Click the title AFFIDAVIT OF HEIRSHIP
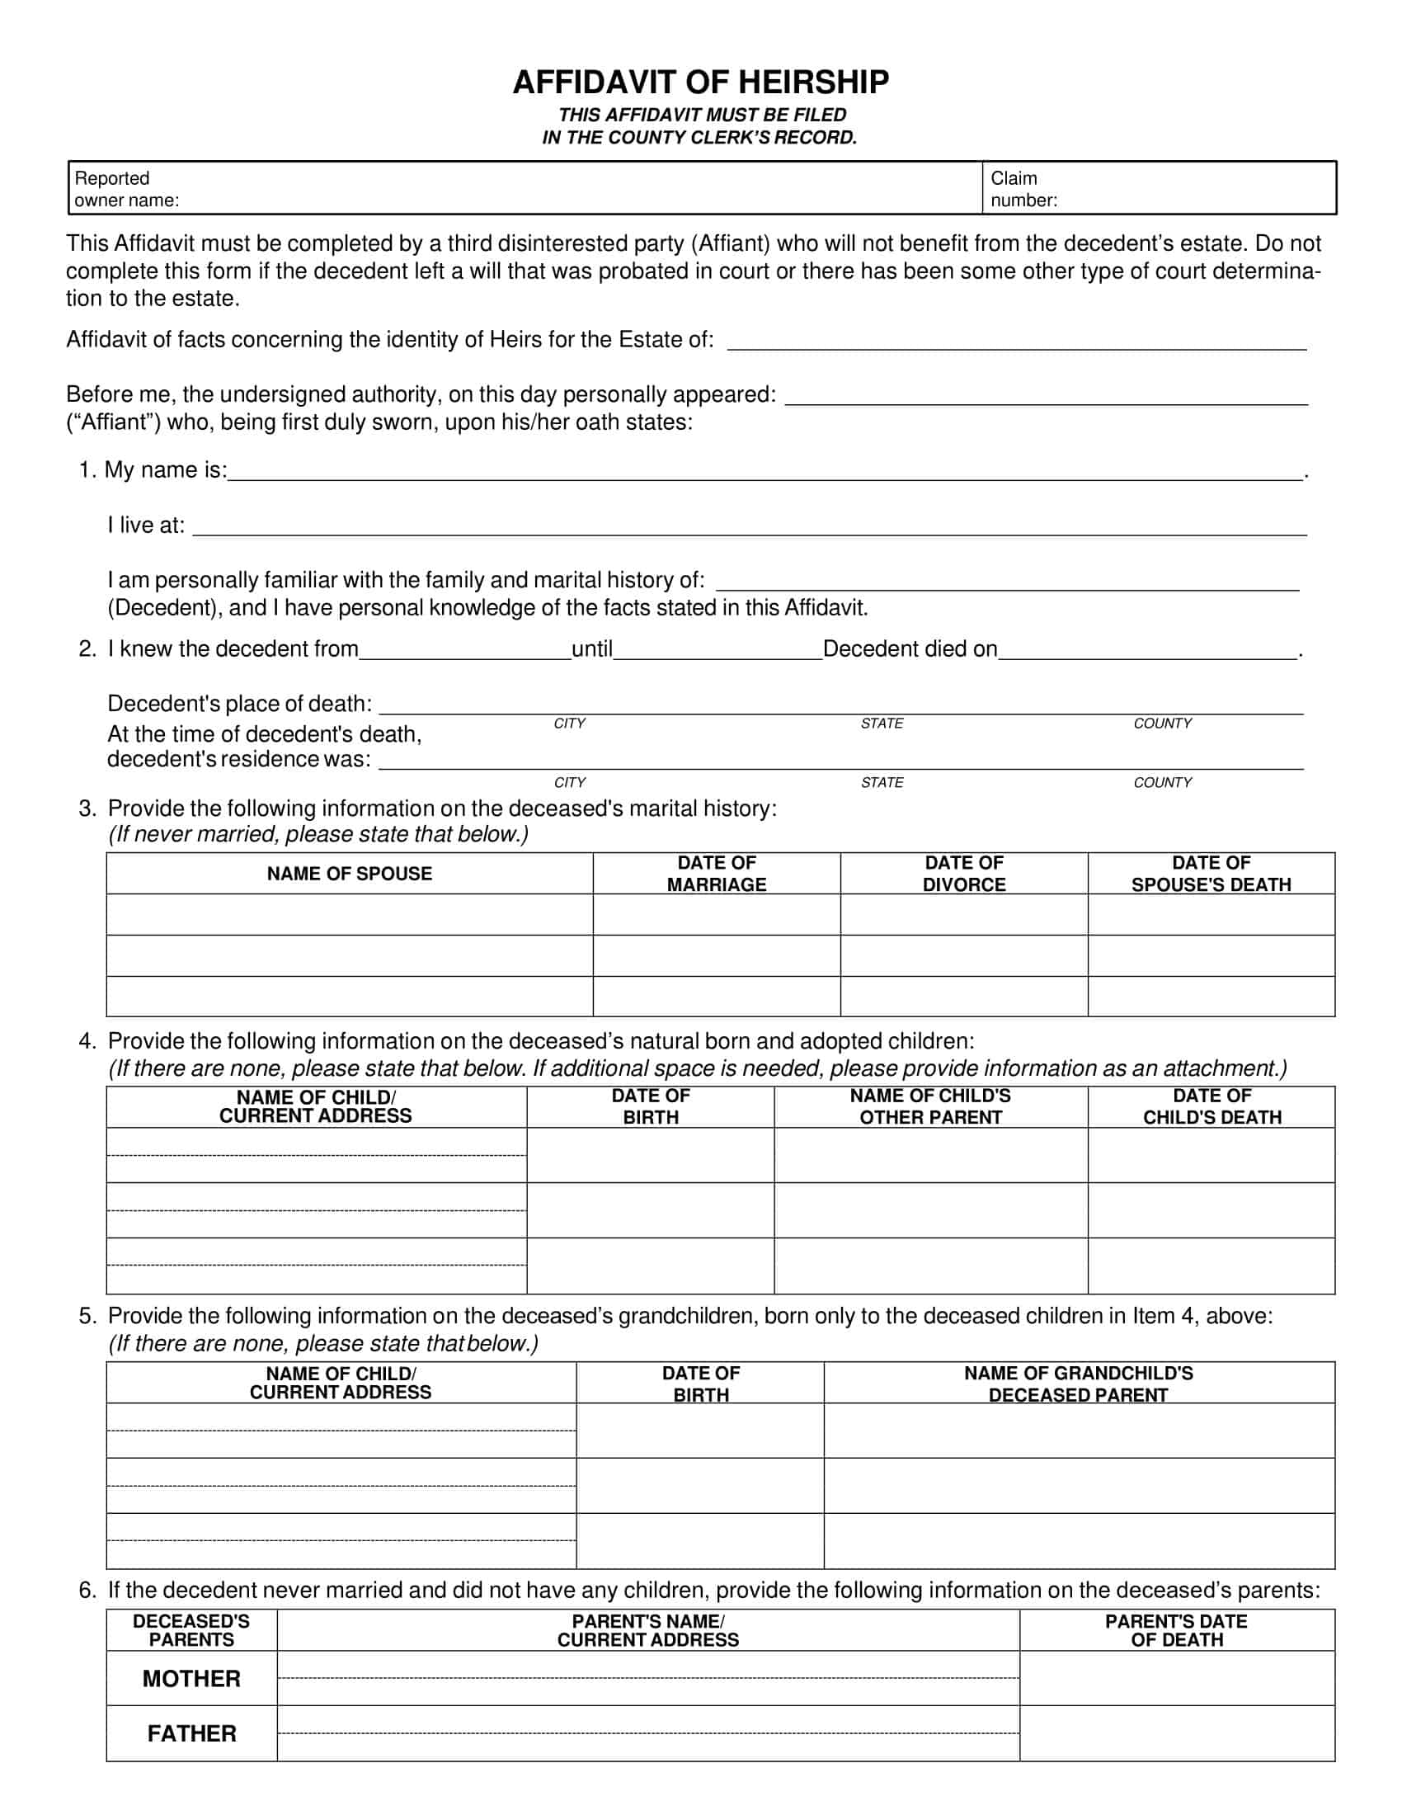[700, 82]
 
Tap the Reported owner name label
[126, 189]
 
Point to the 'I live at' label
[146, 526]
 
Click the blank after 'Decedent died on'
[1148, 649]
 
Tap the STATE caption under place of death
[882, 724]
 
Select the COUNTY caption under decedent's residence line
[1162, 783]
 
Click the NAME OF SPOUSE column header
[349, 874]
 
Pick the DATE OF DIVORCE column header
[963, 874]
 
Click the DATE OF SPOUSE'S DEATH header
[1210, 874]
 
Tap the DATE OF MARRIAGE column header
[716, 874]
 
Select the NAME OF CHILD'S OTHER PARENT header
[930, 1107]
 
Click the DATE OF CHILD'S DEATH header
[1211, 1107]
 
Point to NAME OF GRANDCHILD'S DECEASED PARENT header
[1078, 1384]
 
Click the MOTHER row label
[191, 1679]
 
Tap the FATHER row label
[191, 1733]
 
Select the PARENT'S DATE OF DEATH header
[1176, 1630]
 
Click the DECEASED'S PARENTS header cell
[191, 1630]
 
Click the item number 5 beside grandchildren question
[87, 1317]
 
